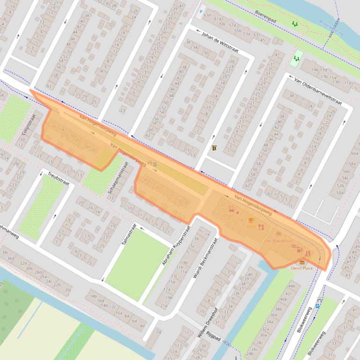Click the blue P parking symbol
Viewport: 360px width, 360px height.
point(201,12)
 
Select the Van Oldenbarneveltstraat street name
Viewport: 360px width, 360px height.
point(318,92)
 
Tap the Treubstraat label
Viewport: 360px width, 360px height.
point(59,179)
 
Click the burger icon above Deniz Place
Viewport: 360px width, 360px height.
point(302,263)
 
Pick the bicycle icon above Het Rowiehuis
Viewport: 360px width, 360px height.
point(278,233)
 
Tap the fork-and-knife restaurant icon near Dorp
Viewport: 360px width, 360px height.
point(261,227)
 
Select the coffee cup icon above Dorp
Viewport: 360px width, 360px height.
point(251,220)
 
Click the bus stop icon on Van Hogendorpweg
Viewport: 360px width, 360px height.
point(154,165)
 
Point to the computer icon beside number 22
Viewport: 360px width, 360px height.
point(231,208)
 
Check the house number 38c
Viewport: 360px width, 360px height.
point(5,252)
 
